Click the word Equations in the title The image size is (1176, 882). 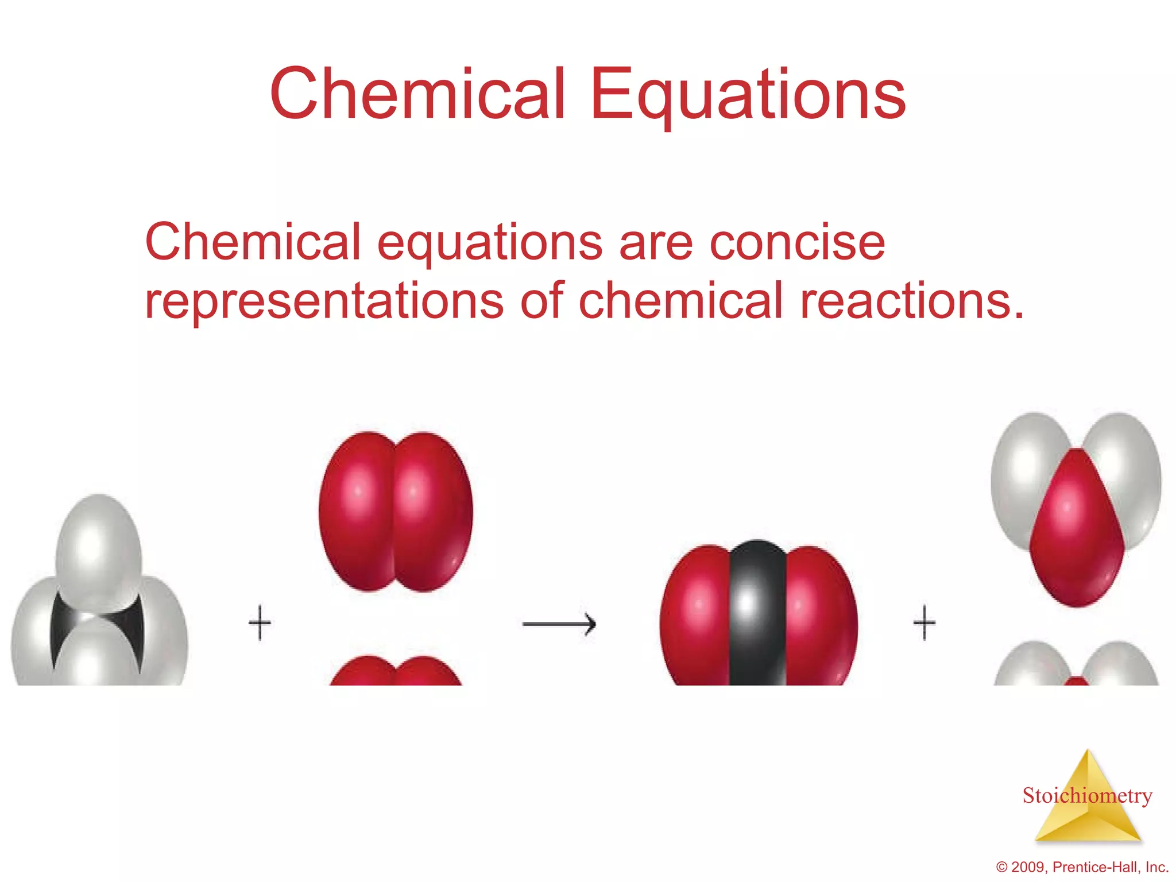click(x=748, y=95)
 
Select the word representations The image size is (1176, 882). click(x=324, y=301)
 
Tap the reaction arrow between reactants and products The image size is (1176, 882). click(x=559, y=624)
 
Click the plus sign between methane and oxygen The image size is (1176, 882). click(x=260, y=622)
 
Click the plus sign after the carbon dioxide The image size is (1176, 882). click(x=924, y=622)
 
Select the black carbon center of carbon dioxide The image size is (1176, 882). click(x=757, y=614)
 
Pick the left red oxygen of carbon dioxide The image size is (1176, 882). click(x=696, y=614)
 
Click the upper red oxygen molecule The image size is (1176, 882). click(x=396, y=511)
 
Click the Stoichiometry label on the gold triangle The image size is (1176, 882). click(x=1087, y=796)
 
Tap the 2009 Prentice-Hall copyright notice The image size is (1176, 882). click(x=1082, y=867)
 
